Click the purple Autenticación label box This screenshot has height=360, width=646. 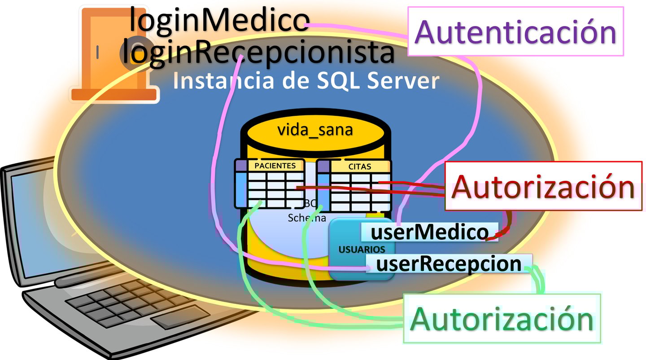515,31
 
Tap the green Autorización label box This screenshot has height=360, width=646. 502,318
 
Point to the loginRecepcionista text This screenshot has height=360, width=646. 258,53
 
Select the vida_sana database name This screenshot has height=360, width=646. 315,130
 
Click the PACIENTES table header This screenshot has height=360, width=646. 275,166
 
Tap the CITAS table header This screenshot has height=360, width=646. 360,167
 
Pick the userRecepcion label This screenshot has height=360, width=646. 449,264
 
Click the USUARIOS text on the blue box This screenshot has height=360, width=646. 362,249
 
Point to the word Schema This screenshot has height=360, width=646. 307,218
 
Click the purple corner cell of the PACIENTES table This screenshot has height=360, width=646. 241,165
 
